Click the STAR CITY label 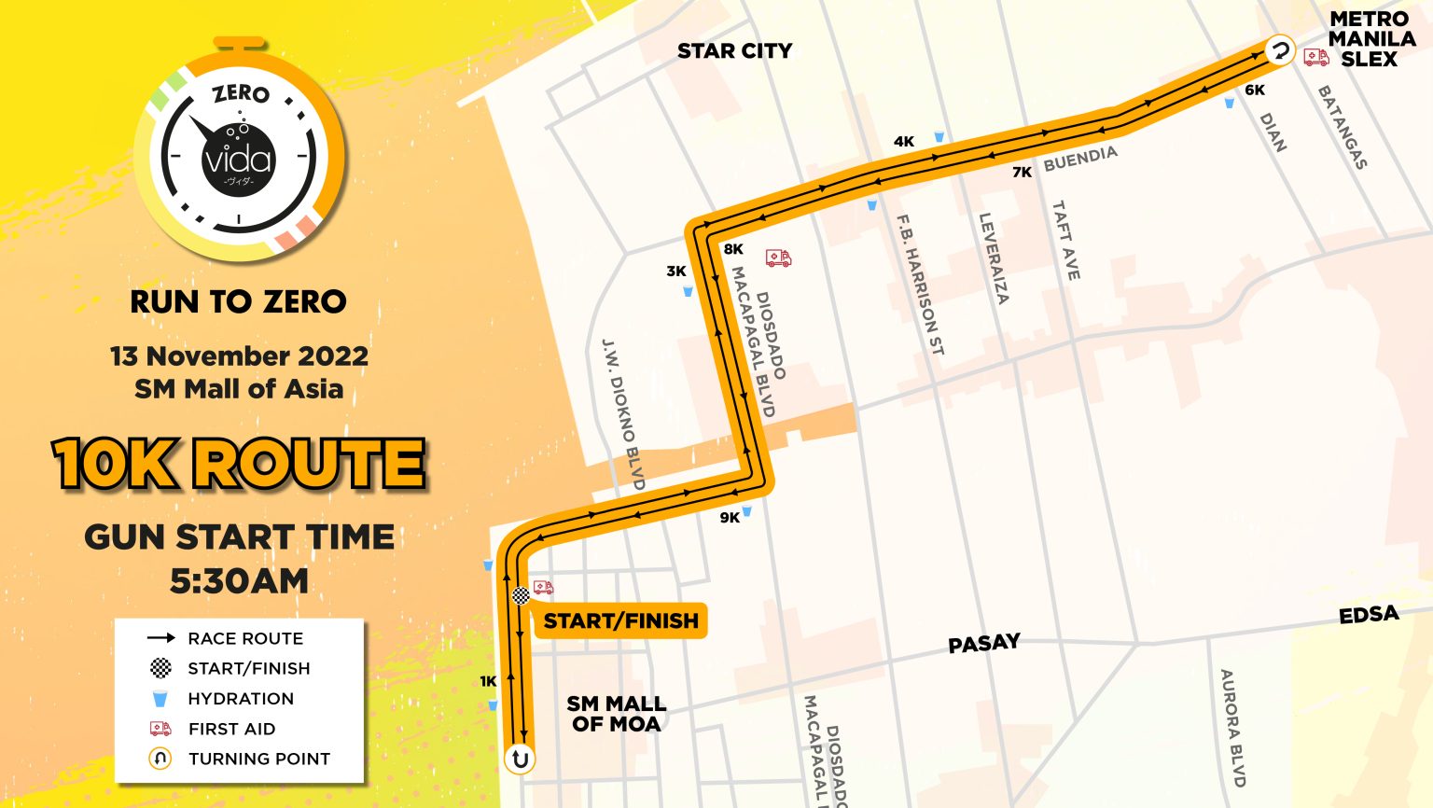(734, 51)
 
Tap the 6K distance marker (1255, 91)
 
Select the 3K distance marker (676, 272)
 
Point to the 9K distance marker (730, 518)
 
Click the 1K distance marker (488, 681)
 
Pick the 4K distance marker (904, 142)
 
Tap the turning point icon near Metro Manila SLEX (1280, 50)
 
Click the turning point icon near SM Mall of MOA (520, 759)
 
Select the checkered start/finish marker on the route (521, 595)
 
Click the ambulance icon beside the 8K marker (778, 258)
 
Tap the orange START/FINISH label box (620, 621)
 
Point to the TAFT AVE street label (1065, 240)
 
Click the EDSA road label (1369, 615)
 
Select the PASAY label (983, 644)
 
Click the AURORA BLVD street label (1231, 728)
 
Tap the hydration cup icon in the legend (160, 699)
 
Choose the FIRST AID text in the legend (231, 729)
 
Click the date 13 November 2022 (239, 356)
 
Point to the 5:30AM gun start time (239, 580)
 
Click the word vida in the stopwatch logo (238, 160)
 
